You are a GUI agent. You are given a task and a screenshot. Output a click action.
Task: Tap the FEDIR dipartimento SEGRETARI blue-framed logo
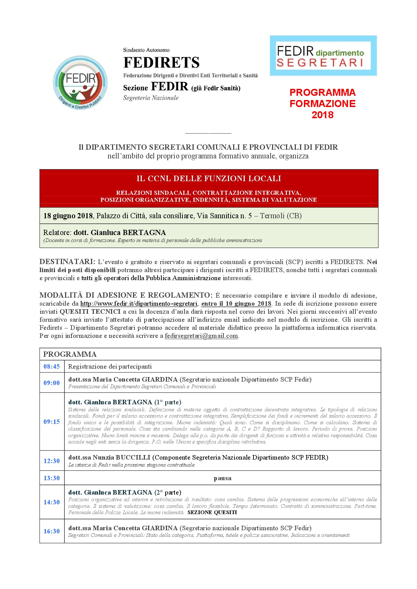323,56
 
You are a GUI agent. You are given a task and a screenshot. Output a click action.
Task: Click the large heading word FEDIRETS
161,63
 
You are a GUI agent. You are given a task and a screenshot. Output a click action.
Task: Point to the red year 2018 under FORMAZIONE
322,115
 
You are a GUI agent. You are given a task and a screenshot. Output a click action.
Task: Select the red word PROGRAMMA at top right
322,93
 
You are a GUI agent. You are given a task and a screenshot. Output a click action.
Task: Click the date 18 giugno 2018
68,216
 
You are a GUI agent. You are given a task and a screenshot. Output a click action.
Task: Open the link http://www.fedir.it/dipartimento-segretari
139,304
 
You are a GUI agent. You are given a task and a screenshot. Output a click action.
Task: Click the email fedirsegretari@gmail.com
201,336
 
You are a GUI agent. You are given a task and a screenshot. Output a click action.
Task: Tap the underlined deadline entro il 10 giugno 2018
236,304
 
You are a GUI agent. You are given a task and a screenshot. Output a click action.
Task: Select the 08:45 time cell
52,367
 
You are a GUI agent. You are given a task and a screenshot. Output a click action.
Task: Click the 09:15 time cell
52,422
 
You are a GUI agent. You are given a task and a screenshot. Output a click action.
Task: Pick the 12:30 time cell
52,461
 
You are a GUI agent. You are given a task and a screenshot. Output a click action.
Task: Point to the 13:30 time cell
52,478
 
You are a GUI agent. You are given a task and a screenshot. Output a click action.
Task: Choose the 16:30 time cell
52,531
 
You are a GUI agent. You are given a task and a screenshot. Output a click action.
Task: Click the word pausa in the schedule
222,478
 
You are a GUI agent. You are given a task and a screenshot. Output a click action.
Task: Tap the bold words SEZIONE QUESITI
212,512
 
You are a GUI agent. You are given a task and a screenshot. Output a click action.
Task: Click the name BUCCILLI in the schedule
133,457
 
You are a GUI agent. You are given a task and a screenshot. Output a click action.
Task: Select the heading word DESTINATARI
67,262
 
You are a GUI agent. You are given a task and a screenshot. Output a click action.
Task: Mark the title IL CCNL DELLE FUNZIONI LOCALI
209,179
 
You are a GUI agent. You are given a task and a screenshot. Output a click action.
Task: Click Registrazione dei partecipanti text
110,367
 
